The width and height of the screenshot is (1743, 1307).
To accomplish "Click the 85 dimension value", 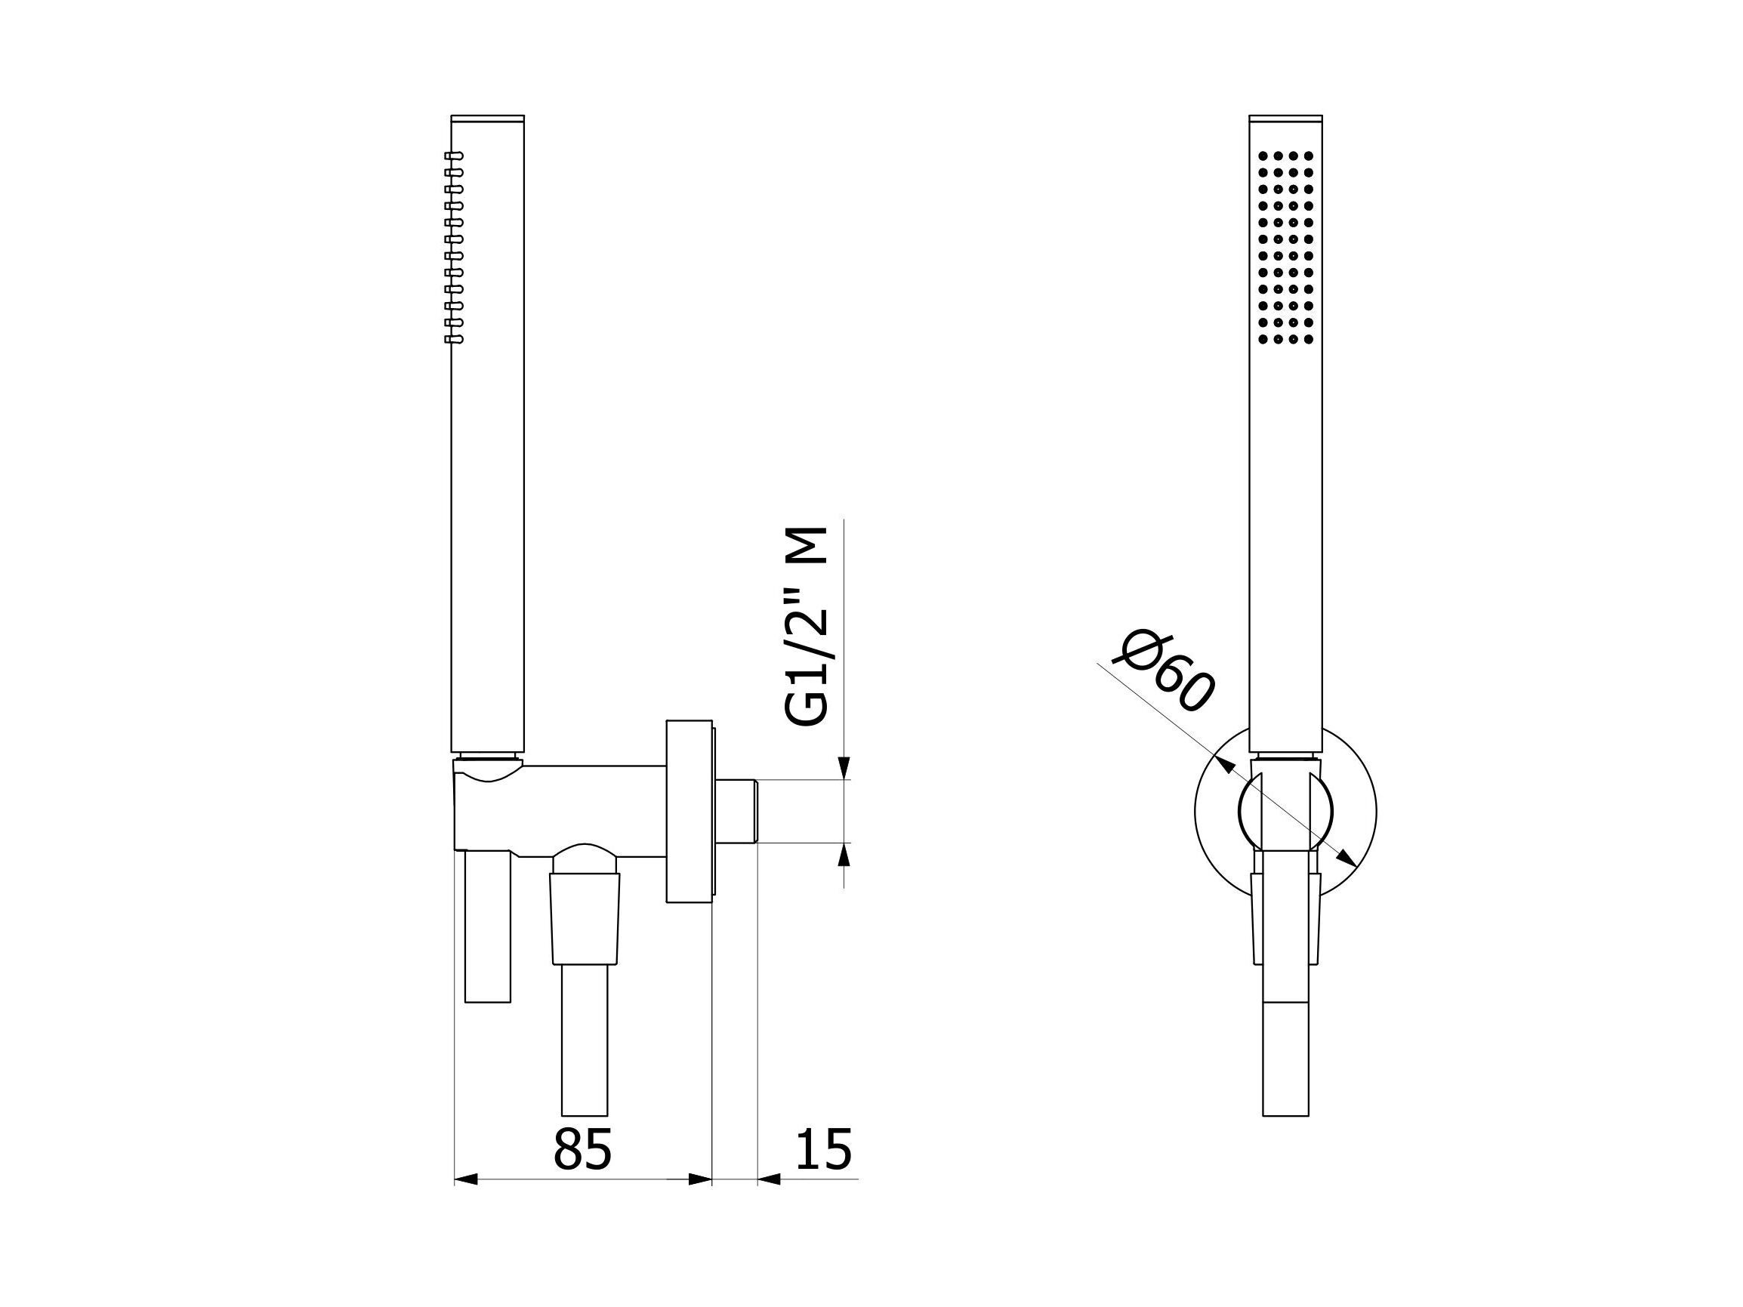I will [x=582, y=1149].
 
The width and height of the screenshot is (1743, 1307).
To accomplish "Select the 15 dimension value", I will [x=823, y=1149].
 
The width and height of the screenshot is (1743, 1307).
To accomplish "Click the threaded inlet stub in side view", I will [x=734, y=812].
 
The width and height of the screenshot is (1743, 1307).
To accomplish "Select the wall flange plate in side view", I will [x=689, y=812].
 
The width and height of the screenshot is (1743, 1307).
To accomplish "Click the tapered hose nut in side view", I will [x=585, y=917].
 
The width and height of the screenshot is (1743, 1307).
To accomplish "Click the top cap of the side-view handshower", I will [x=488, y=119].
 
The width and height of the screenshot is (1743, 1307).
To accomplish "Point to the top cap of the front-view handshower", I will [x=1286, y=119].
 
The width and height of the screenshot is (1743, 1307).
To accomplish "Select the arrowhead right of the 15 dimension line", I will [x=768, y=1201].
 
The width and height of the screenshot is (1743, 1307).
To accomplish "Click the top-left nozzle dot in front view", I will [x=1263, y=156].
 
